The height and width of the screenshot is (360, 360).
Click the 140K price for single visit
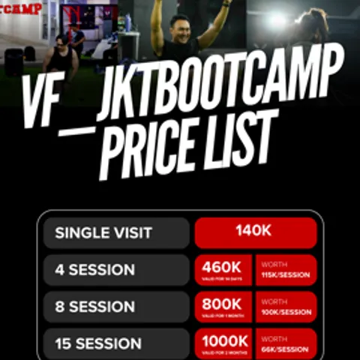click(x=255, y=232)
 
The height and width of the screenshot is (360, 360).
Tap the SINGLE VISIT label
click(x=103, y=232)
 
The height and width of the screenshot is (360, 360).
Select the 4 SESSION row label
click(x=94, y=270)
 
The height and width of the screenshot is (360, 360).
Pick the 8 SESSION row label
click(x=94, y=307)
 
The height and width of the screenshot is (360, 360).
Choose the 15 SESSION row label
click(x=98, y=343)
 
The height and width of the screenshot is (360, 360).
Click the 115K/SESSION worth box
click(x=286, y=270)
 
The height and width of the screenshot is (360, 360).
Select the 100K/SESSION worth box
click(x=286, y=307)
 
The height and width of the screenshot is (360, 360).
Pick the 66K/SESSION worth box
click(x=286, y=343)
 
